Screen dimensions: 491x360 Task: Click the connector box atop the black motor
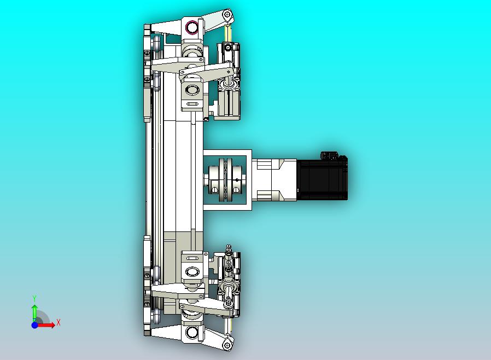[329, 155]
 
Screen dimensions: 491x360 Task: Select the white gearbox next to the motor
[274, 179]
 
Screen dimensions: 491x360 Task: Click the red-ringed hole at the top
[191, 27]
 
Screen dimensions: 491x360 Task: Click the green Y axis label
[34, 298]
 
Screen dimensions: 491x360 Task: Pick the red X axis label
[59, 322]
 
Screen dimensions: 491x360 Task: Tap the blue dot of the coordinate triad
[35, 325]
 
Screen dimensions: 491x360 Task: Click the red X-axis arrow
[46, 325]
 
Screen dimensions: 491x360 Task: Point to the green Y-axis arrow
[35, 313]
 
